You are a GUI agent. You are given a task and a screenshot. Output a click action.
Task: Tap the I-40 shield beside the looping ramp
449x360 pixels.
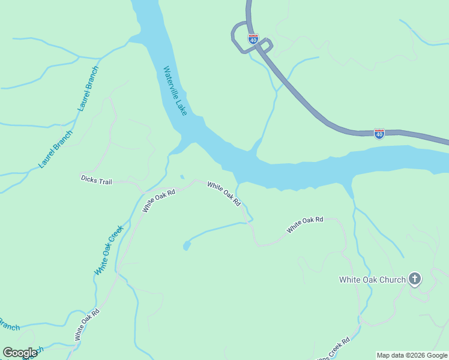(x=253, y=40)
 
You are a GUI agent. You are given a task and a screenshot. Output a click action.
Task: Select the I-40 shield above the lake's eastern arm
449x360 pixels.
(x=379, y=134)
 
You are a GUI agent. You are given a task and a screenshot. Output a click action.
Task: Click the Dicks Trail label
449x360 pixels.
(x=97, y=179)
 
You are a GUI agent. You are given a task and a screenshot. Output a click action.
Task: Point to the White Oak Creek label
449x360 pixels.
(x=109, y=250)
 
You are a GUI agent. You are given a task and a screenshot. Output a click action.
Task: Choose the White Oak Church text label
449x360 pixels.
(x=372, y=280)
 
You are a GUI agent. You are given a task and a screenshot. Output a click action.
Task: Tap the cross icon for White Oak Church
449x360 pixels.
(x=414, y=278)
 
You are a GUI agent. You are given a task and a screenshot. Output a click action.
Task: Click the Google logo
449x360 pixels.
(x=20, y=353)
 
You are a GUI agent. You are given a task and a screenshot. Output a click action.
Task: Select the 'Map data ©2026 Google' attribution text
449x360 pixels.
(x=412, y=355)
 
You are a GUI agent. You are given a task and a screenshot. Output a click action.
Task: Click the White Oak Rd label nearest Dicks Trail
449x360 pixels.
(x=158, y=201)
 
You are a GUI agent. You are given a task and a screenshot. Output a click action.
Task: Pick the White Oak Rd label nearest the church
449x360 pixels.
(x=305, y=225)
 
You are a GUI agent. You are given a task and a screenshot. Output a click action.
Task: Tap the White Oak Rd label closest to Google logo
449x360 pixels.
(x=86, y=325)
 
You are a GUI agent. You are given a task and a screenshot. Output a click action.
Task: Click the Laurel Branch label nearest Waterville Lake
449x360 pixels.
(x=88, y=88)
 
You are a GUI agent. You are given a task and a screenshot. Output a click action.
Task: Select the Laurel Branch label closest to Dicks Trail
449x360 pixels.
(x=55, y=149)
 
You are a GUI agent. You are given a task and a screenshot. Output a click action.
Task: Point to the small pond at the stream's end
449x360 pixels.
(x=187, y=245)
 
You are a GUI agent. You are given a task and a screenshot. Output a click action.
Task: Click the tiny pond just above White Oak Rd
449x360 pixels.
(x=182, y=177)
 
